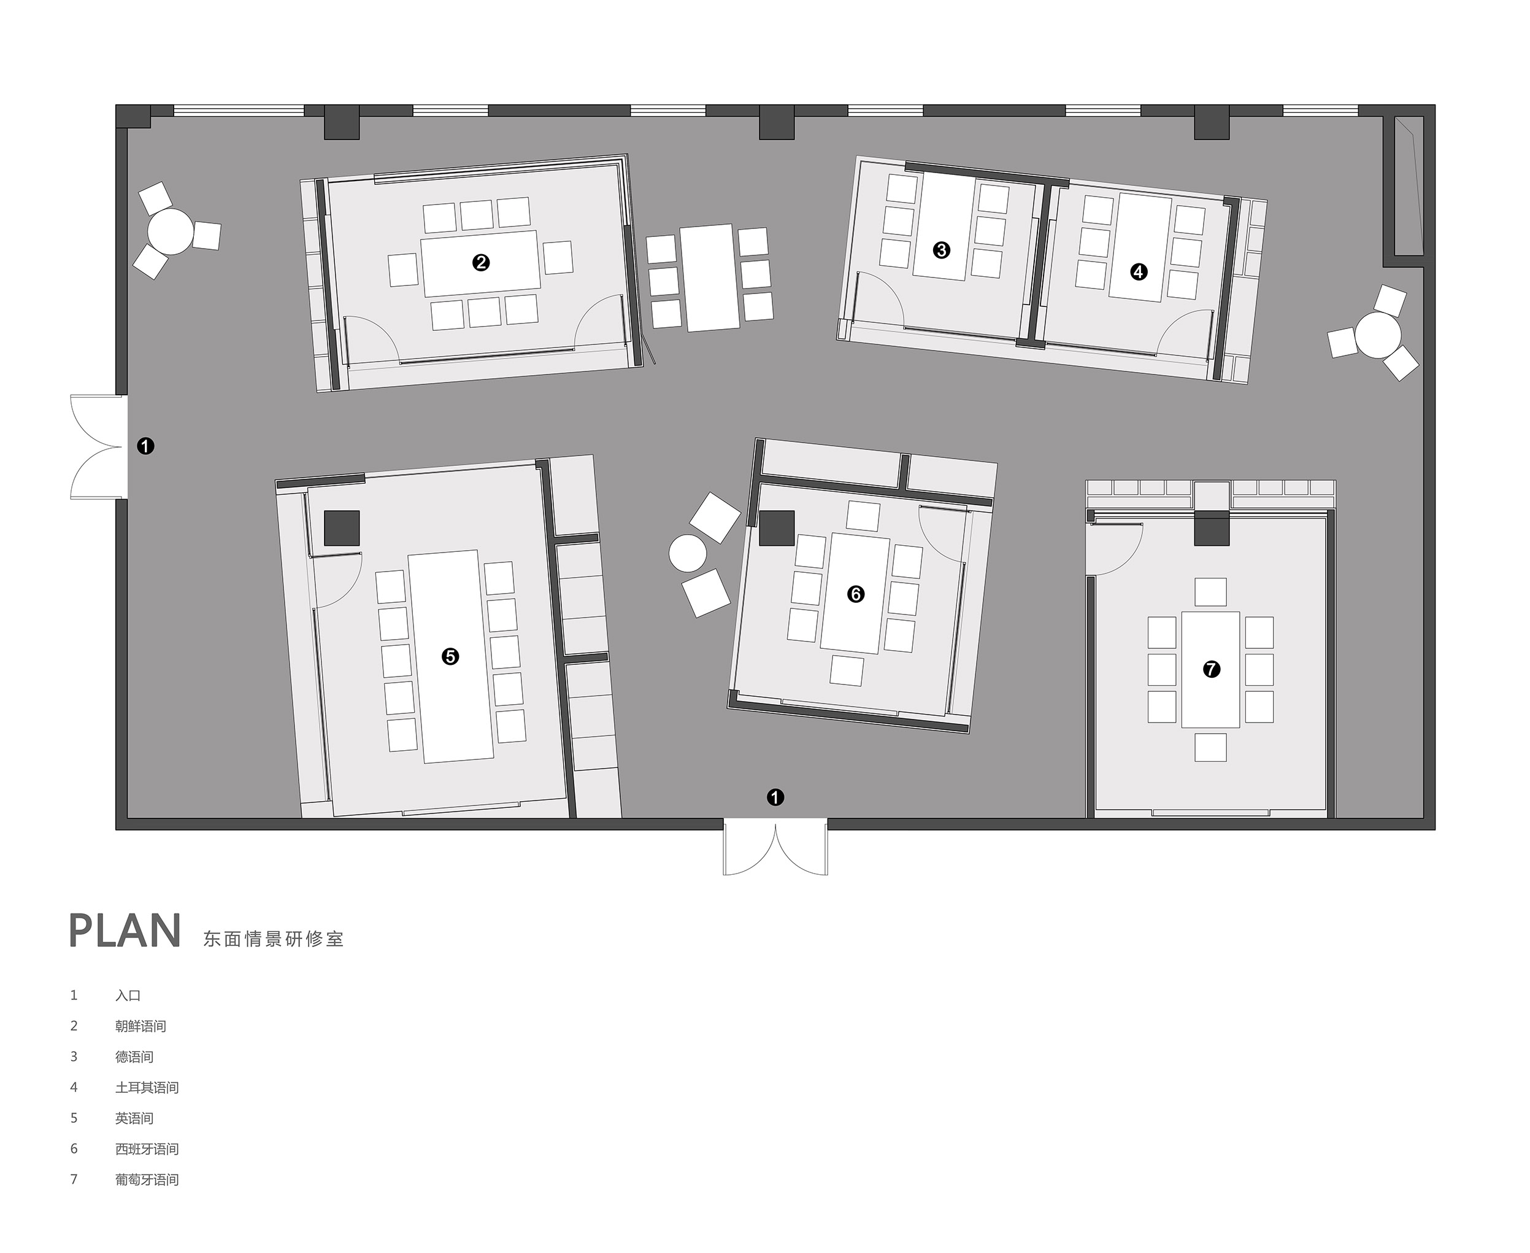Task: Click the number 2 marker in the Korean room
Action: pyautogui.click(x=480, y=263)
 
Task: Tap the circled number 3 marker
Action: pyautogui.click(x=941, y=250)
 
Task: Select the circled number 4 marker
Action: pyautogui.click(x=1139, y=272)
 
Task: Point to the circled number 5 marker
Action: pyautogui.click(x=450, y=656)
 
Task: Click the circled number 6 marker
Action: pyautogui.click(x=856, y=594)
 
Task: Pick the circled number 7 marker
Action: pyautogui.click(x=1211, y=669)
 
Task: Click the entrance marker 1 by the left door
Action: pyautogui.click(x=146, y=446)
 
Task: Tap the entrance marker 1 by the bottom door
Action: pyautogui.click(x=775, y=797)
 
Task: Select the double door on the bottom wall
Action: pyautogui.click(x=775, y=847)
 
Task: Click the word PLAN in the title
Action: pyautogui.click(x=125, y=931)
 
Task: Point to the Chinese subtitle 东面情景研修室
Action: pyautogui.click(x=274, y=939)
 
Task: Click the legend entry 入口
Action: pyautogui.click(x=128, y=995)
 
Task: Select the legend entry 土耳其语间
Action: pyautogui.click(x=147, y=1088)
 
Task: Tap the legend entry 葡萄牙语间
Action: pyautogui.click(x=147, y=1179)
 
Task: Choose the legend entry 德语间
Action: pyautogui.click(x=134, y=1057)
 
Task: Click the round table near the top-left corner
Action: pyautogui.click(x=171, y=231)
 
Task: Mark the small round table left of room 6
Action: pyautogui.click(x=688, y=554)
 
